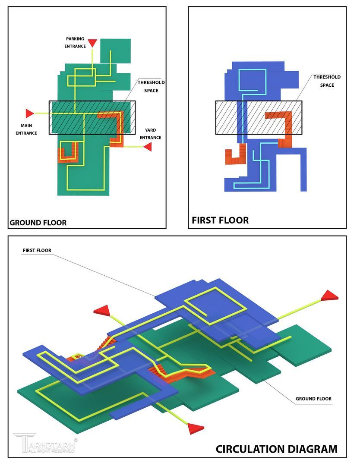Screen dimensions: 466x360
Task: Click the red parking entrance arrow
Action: (92, 43)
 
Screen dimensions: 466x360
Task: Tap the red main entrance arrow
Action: (29, 113)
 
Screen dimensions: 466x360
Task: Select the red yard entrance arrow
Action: (148, 147)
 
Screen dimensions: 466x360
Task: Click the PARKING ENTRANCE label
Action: (75, 42)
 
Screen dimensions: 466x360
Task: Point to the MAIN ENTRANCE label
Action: (26, 129)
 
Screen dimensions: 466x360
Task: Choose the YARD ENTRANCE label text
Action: (150, 134)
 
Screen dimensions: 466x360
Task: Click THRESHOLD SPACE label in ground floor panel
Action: (151, 86)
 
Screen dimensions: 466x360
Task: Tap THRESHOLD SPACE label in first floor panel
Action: (327, 81)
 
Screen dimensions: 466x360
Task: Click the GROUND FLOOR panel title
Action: (38, 223)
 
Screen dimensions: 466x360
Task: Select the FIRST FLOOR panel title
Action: (220, 220)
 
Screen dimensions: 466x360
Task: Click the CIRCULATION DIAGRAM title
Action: (276, 449)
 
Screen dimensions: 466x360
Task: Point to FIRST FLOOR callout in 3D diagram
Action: (37, 250)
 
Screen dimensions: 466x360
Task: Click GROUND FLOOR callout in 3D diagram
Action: (313, 399)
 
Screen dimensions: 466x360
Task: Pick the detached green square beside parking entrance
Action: (115, 50)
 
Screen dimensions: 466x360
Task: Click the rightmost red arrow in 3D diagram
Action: (330, 296)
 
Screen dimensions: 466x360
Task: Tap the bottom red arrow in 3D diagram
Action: (196, 428)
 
